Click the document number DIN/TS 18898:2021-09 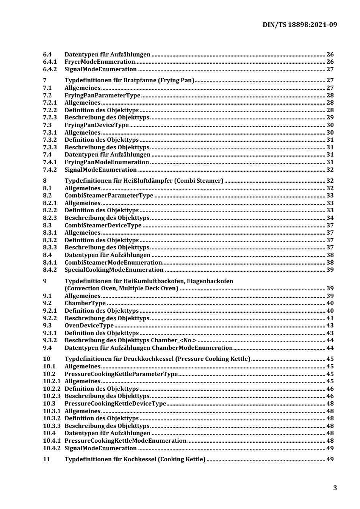click(299, 25)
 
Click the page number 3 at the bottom click(335, 488)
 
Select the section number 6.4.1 click(50, 62)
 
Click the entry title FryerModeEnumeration click(100, 62)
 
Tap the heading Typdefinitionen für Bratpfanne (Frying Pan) click(129, 80)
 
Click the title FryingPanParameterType click(102, 96)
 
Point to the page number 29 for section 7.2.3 click(330, 117)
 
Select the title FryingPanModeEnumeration click(106, 162)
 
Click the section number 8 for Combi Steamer click(45, 181)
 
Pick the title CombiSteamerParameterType click(109, 196)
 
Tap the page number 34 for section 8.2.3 click(330, 218)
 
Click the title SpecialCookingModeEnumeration click(114, 270)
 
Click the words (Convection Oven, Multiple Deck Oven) click(121, 288)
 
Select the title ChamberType click(85, 303)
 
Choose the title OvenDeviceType click(89, 326)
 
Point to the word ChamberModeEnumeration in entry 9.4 click(192, 348)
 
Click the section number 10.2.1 click(52, 381)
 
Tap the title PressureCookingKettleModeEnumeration click(125, 441)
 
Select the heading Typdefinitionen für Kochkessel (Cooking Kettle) click(135, 459)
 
